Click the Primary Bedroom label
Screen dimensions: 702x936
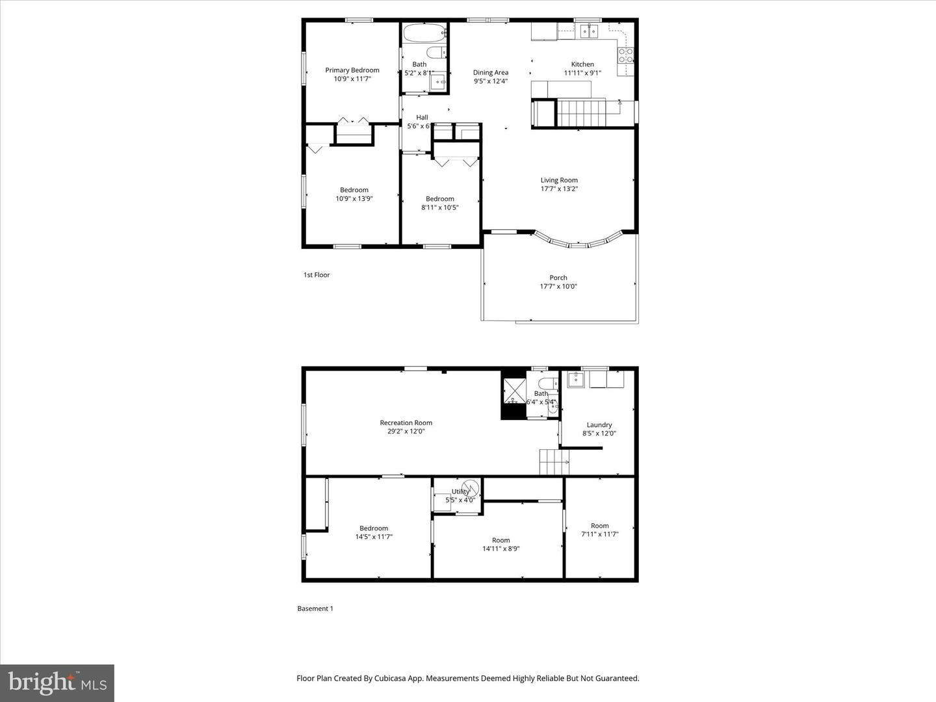coord(352,70)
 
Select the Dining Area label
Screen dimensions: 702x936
coord(490,73)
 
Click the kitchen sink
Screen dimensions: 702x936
coord(589,31)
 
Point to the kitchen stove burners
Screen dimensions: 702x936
coord(625,55)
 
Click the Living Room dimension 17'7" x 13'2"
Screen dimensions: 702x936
coord(559,189)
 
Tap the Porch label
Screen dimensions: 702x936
coord(558,278)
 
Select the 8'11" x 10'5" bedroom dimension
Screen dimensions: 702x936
coord(439,208)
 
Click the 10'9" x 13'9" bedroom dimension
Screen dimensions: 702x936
coord(354,199)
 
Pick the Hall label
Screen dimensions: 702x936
coord(422,118)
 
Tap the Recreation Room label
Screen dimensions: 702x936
coord(406,422)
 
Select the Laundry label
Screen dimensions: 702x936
coord(599,425)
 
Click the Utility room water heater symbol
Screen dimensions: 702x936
coord(470,488)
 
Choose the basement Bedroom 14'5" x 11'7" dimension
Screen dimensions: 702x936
coord(374,537)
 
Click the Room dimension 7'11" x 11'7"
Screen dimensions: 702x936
coord(599,534)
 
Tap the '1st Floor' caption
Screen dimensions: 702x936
coord(317,275)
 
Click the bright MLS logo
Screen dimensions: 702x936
coord(57,683)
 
